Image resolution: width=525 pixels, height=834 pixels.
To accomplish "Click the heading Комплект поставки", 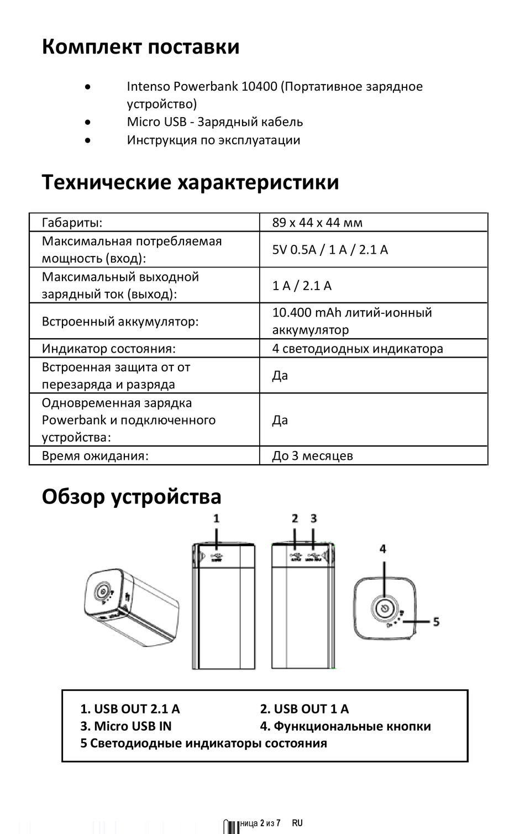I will click(140, 47).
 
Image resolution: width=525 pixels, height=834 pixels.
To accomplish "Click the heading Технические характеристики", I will click(190, 182).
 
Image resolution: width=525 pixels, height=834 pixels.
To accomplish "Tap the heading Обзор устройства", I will click(132, 496).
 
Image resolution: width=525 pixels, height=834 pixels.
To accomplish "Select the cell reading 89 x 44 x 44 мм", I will click(317, 223).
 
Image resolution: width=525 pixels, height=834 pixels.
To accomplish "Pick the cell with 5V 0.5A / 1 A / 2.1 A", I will click(330, 250).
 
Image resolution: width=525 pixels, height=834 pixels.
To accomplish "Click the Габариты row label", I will click(72, 223).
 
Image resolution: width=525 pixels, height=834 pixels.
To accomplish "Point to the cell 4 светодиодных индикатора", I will click(358, 349).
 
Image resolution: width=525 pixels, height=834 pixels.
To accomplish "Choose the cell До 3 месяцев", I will click(312, 456).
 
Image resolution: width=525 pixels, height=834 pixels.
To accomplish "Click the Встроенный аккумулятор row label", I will click(120, 321).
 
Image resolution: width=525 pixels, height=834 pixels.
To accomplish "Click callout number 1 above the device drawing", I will click(217, 518).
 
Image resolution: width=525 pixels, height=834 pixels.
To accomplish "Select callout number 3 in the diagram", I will click(314, 518).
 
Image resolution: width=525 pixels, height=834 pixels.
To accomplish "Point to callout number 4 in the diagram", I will click(382, 549).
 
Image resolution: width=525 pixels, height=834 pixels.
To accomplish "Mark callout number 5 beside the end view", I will click(436, 622).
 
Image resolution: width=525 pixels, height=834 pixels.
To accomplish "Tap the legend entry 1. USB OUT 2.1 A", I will click(130, 709).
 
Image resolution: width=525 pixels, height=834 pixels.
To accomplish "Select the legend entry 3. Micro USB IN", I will click(126, 726).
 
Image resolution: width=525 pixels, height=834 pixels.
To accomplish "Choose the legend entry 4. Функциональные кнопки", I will click(345, 726).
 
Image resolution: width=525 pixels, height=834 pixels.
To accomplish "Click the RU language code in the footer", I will click(297, 823).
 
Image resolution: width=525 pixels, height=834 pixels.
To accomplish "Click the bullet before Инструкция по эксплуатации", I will click(88, 140).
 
